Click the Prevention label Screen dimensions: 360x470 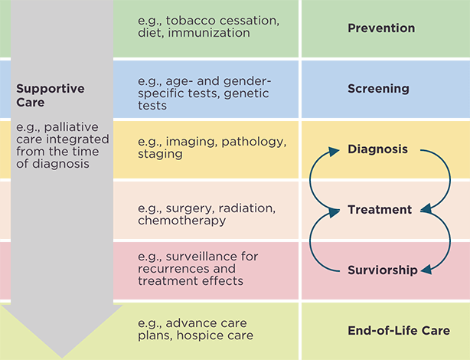[381, 28]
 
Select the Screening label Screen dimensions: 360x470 [377, 89]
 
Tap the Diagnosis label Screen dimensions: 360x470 [377, 149]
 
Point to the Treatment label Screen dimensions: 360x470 [379, 209]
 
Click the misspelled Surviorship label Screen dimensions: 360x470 [383, 270]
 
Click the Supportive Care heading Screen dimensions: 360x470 [41, 95]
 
